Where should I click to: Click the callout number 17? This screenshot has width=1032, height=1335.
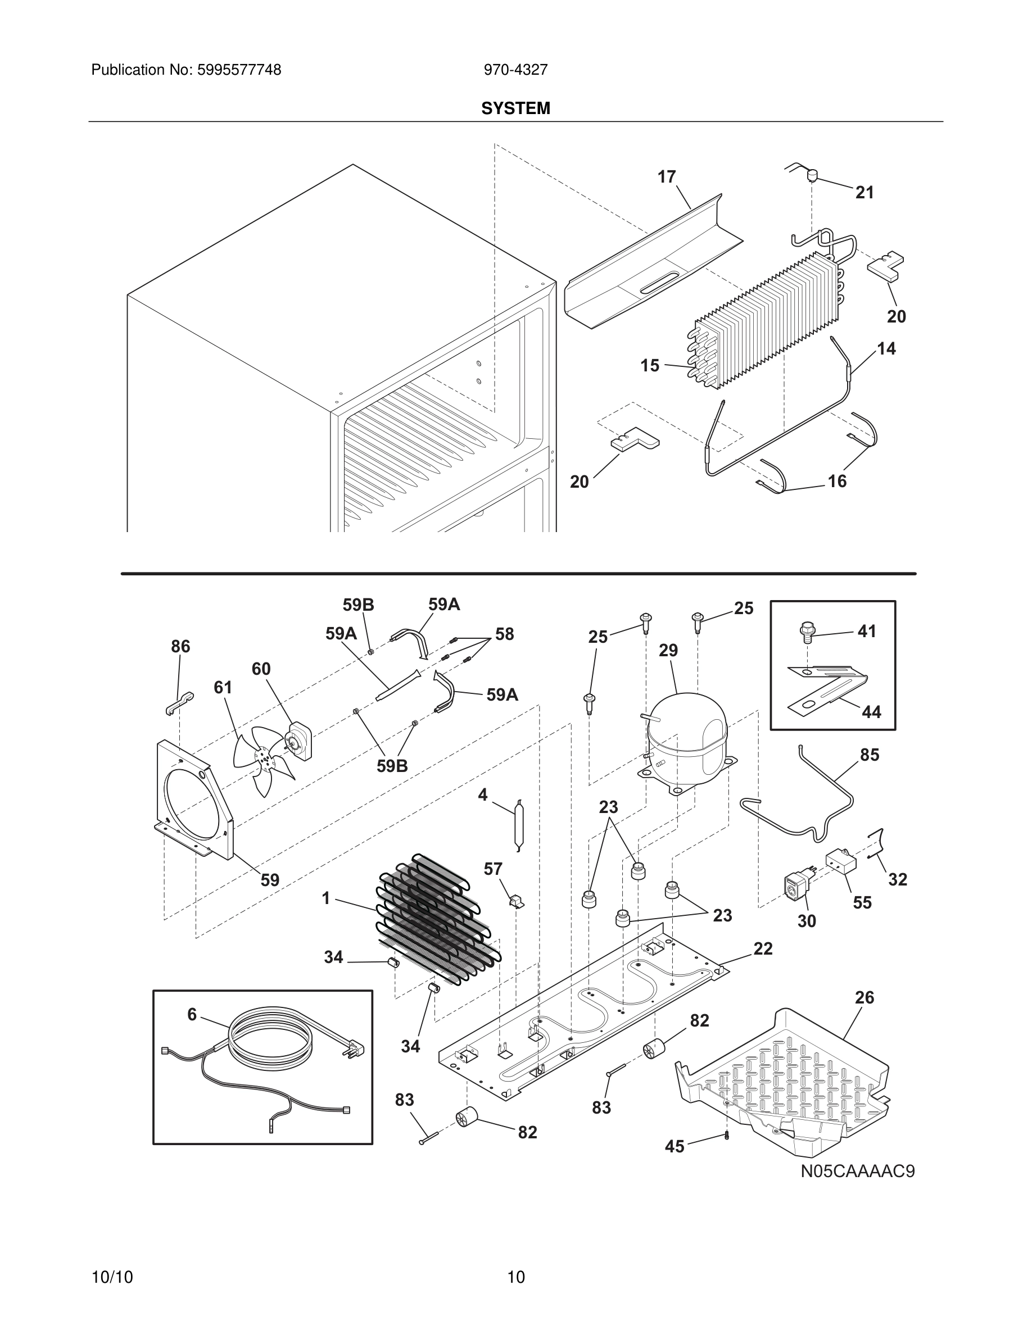coord(667,177)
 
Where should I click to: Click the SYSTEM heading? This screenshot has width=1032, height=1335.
coord(515,109)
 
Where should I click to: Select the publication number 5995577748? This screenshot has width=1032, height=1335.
coord(239,70)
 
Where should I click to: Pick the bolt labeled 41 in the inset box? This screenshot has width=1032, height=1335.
coord(807,632)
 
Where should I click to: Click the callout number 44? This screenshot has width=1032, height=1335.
coord(871,712)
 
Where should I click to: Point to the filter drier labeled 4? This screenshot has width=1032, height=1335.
coord(518,825)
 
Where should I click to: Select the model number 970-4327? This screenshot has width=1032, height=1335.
coord(515,70)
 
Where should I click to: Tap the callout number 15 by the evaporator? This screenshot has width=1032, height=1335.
coord(650,366)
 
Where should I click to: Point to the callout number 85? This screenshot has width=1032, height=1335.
coord(870,755)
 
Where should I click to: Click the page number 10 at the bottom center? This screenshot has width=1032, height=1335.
coord(516,1277)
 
